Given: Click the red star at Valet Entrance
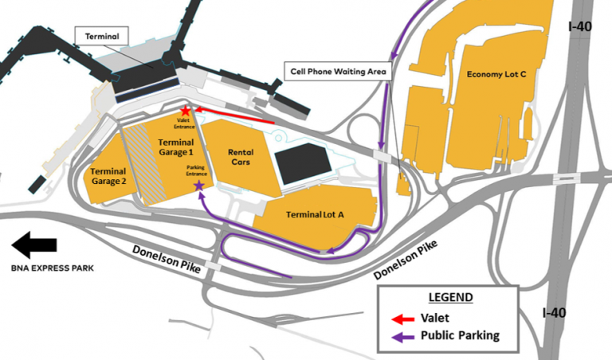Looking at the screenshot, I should pos(186,111).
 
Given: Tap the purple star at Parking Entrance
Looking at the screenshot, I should pos(198,186).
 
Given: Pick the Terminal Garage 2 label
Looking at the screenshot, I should pos(108,176).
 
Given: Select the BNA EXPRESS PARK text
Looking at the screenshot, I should pos(51,268).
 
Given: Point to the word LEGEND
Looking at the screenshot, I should pos(450,298).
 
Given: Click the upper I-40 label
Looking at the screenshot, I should pos(579,26).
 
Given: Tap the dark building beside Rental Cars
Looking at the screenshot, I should pos(302,165).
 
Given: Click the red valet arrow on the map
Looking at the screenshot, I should pos(234,116).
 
